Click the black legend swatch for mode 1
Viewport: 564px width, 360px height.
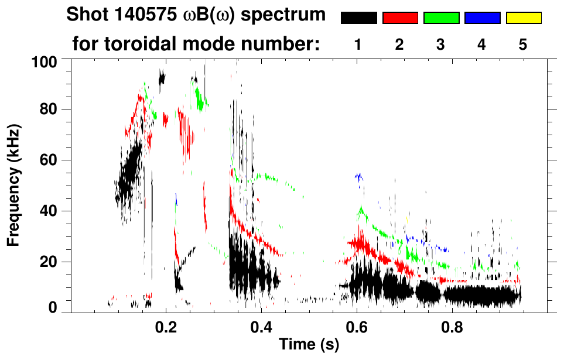click(x=358, y=18)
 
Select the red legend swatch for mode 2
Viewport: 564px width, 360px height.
click(x=400, y=18)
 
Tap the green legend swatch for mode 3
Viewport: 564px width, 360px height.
click(x=441, y=18)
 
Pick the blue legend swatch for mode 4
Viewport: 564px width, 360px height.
click(x=482, y=18)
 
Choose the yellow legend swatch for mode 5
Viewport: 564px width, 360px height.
click(x=524, y=18)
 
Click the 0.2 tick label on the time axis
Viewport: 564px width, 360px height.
click(x=166, y=327)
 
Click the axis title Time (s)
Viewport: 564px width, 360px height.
click(x=308, y=345)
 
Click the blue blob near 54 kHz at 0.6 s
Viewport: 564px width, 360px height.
click(x=358, y=176)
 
